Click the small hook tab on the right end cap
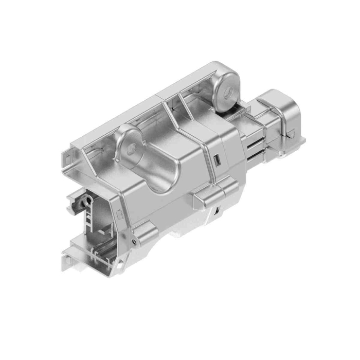tap(291, 134)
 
